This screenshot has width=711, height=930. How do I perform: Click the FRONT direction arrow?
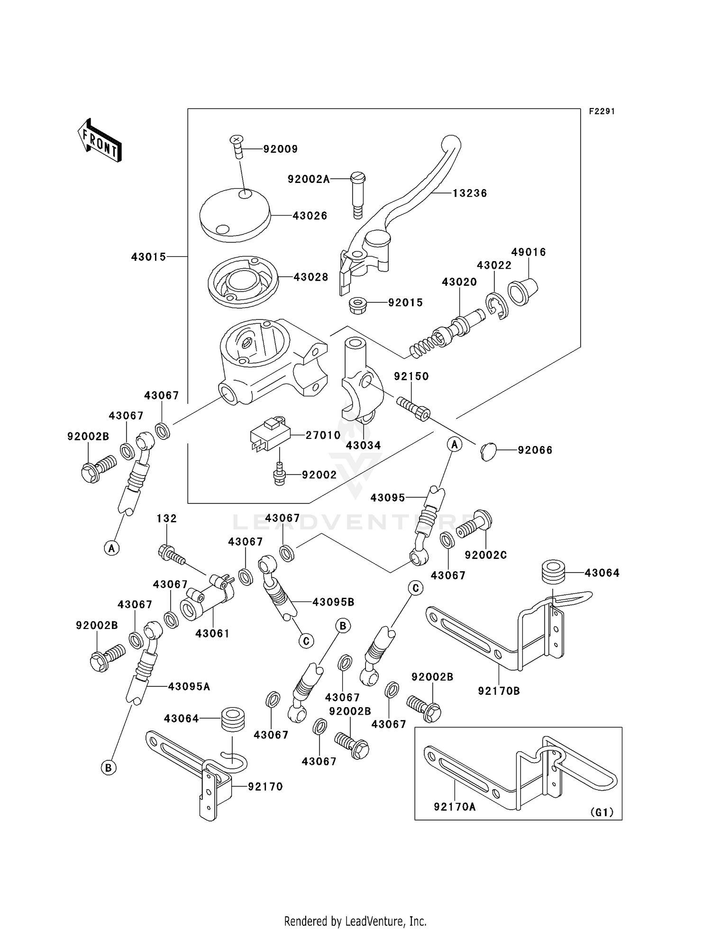(x=100, y=141)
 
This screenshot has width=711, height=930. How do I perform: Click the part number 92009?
(x=281, y=149)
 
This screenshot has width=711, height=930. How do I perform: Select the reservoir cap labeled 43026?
(x=235, y=215)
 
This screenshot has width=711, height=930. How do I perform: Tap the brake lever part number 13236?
(x=469, y=193)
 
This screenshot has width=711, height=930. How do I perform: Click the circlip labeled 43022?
(x=496, y=307)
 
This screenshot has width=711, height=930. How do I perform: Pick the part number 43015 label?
(x=148, y=257)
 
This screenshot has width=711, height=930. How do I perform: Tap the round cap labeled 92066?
(x=488, y=451)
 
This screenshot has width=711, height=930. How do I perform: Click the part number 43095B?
(x=333, y=602)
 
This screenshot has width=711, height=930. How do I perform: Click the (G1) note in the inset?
(x=602, y=812)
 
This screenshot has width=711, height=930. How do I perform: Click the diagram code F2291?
(x=602, y=111)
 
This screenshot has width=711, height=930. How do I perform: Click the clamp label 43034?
(x=363, y=446)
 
